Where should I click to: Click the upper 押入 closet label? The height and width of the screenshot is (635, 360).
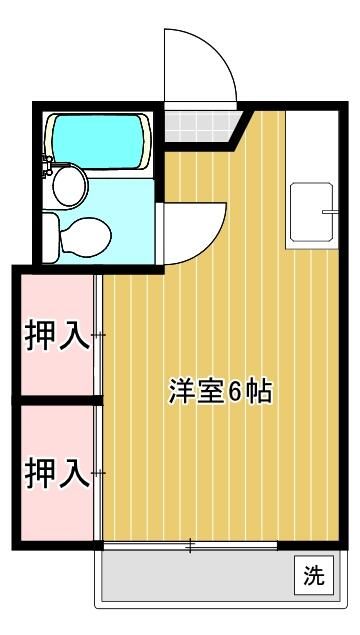(56, 335)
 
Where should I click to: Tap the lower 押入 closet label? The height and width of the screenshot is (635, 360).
(56, 471)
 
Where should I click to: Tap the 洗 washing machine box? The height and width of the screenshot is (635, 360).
(313, 576)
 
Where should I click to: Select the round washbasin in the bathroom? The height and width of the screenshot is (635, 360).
(69, 185)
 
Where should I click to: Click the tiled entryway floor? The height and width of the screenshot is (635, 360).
(198, 126)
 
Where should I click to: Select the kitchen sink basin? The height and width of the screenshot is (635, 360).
(312, 215)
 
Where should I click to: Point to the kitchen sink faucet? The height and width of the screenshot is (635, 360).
(327, 212)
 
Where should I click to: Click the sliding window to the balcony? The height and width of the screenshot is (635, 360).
(190, 545)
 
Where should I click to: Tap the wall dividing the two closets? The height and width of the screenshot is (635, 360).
(56, 400)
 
